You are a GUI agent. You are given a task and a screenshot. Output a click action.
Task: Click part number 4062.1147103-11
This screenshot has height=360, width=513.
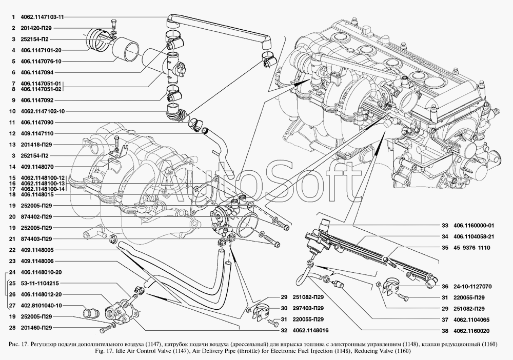point(42,17)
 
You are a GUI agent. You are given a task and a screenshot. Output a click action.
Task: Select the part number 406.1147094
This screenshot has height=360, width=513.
point(37,72)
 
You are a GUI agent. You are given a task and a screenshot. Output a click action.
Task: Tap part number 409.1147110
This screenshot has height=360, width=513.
point(37,133)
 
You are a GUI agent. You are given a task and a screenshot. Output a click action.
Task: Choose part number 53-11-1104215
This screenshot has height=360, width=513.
point(40,283)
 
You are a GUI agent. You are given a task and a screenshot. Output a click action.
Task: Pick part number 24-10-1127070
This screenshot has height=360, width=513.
point(472,287)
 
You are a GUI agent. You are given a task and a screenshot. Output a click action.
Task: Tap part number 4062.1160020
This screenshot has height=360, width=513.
point(471,331)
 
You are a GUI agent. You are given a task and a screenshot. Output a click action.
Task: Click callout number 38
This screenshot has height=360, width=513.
point(445,331)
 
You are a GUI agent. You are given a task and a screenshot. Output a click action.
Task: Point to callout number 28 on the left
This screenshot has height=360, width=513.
point(12,328)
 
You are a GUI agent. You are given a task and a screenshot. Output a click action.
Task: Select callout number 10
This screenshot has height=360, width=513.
point(12,111)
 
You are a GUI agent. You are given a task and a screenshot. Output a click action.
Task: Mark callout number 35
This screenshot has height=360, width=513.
point(445,248)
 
